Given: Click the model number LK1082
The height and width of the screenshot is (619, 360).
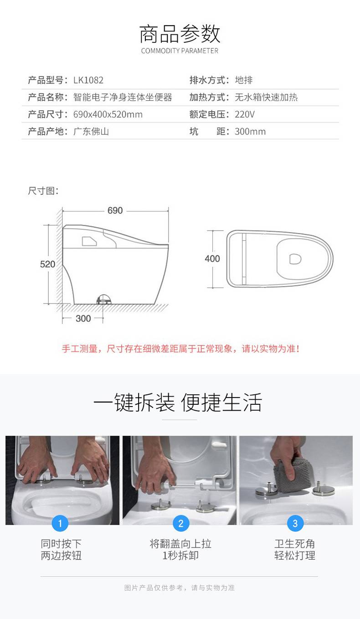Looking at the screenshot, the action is [88, 80].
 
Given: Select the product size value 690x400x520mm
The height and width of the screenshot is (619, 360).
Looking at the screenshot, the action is [108, 114].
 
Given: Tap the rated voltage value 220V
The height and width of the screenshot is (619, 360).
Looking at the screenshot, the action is [245, 114].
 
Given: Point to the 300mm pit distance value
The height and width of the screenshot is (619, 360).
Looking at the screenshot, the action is [250, 131].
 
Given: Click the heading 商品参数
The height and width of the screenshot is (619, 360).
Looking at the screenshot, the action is [180, 34].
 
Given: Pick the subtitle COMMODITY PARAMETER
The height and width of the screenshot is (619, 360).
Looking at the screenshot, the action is [180, 51].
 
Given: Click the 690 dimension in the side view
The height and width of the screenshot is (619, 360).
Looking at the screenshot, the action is [115, 211].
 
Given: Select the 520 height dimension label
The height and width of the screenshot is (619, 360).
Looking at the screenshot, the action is [47, 264].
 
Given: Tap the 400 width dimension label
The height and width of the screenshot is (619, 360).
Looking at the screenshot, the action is [212, 258].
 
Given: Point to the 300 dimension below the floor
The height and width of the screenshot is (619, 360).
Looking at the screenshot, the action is [83, 318].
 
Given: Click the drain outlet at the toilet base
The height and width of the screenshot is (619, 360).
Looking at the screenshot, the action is [103, 299].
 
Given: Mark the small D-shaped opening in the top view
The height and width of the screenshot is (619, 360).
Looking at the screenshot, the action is [295, 259].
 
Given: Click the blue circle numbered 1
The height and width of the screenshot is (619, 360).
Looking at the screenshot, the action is [60, 523].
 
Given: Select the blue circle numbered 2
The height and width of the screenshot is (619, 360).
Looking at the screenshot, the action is [181, 523].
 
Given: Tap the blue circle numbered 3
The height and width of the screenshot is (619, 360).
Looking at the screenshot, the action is [295, 523].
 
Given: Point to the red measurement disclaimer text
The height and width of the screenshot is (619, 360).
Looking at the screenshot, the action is [181, 349].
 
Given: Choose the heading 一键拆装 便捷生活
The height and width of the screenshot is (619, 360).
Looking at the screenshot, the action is [178, 402].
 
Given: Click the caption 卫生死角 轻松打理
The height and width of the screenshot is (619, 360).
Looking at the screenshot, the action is [295, 549].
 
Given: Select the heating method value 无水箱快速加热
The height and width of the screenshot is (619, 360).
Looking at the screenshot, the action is [266, 97].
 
